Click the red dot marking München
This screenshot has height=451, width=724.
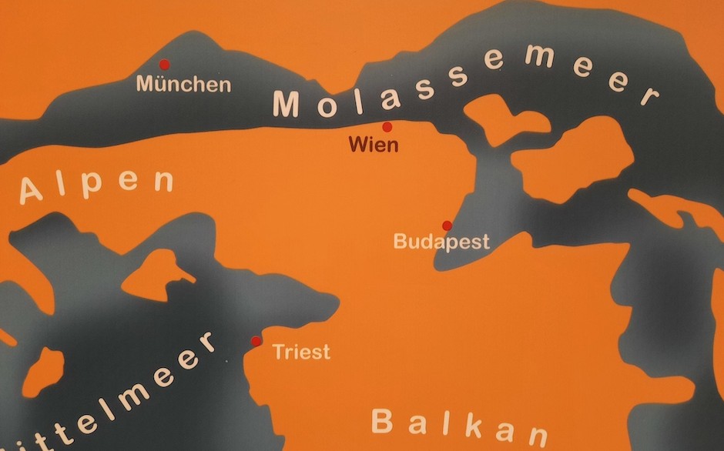(x=163, y=65)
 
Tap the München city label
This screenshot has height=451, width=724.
(x=183, y=84)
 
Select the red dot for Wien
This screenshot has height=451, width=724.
(x=387, y=127)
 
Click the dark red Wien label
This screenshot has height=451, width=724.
(x=374, y=144)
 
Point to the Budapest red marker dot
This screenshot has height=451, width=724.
(x=447, y=225)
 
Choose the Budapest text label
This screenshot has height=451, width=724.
(x=441, y=242)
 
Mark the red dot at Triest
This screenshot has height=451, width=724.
(x=256, y=341)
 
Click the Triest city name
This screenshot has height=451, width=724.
(x=301, y=352)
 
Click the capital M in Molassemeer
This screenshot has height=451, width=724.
(x=287, y=104)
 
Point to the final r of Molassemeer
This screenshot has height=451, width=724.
(x=649, y=97)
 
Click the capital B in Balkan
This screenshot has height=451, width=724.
(x=383, y=420)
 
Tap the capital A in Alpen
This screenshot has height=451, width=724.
(x=32, y=191)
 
